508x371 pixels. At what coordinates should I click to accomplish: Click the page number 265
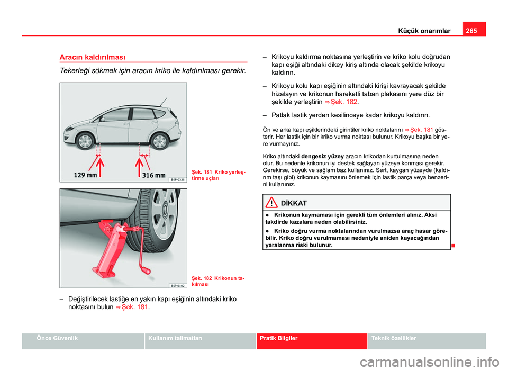point(475,30)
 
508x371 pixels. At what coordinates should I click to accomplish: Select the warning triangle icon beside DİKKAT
point(273,203)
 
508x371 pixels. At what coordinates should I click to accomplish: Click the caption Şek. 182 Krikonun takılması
point(217,280)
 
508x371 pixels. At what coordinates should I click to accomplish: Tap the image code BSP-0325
point(177,179)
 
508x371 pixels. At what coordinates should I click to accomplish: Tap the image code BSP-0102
point(177,285)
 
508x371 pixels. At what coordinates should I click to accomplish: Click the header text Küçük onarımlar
point(424,31)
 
